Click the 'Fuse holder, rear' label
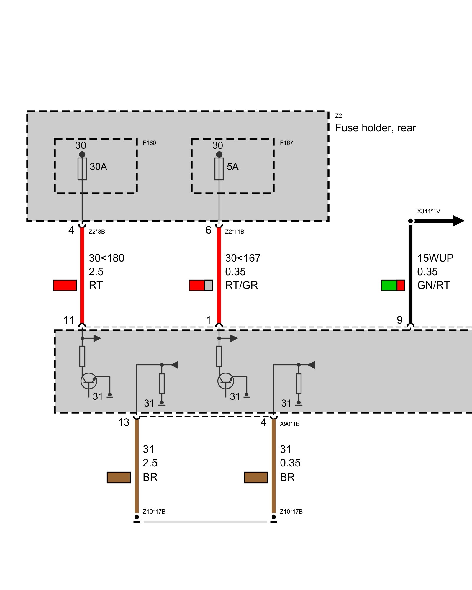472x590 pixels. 375,128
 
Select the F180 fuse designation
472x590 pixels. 149,143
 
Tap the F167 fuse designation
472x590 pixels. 286,143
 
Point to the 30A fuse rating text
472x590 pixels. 98,167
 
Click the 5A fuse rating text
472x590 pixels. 232,167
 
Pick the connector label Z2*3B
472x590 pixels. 97,232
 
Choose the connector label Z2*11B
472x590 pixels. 235,232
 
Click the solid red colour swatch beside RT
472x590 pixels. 65,285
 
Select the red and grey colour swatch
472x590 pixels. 201,285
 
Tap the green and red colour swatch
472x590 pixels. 393,285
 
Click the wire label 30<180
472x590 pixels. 106,258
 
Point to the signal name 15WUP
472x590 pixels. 435,258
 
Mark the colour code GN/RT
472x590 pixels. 433,285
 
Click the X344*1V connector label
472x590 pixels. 428,211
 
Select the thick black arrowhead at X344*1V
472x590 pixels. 458,221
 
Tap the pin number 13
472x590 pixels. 124,422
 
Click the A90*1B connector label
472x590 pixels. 290,424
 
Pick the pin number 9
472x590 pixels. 399,320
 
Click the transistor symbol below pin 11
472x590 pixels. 89,381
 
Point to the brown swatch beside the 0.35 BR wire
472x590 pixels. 256,477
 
